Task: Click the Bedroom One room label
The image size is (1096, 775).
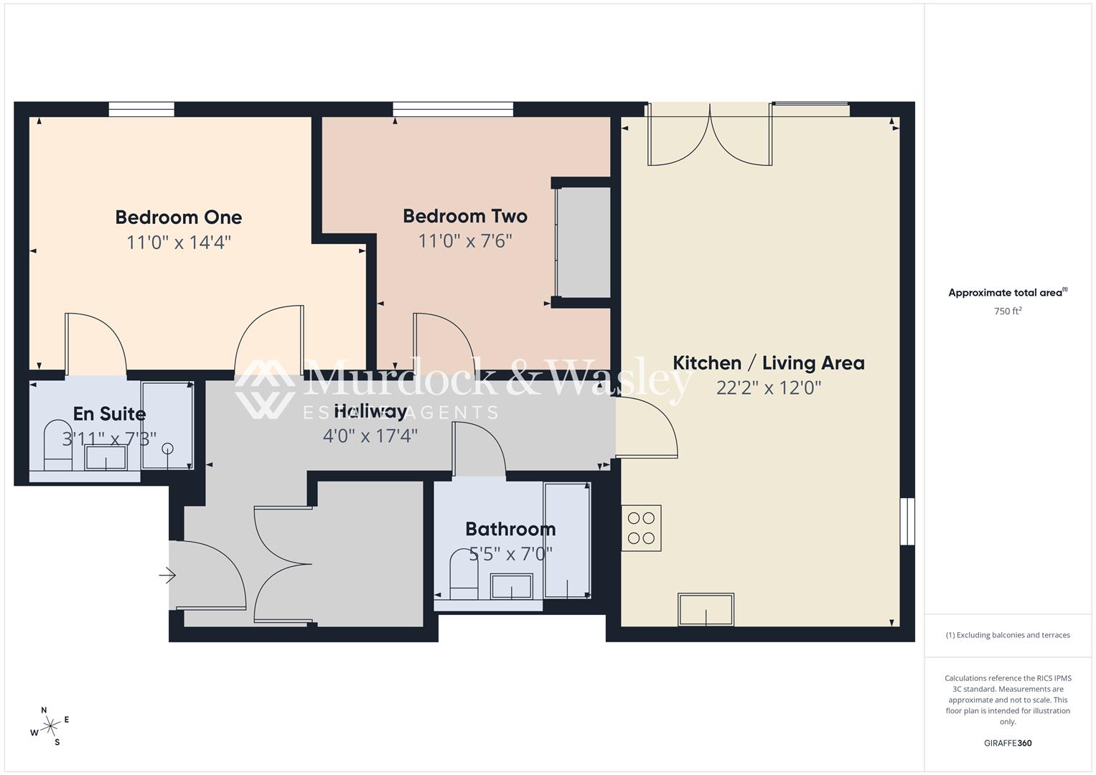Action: pyautogui.click(x=178, y=217)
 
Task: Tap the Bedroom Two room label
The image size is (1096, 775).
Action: pyautogui.click(x=464, y=215)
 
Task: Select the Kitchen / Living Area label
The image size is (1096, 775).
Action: pyautogui.click(x=768, y=362)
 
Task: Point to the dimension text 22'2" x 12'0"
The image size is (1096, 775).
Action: pyautogui.click(x=768, y=387)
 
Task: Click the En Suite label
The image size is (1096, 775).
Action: pyautogui.click(x=109, y=413)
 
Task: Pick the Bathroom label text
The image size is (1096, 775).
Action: pyautogui.click(x=510, y=529)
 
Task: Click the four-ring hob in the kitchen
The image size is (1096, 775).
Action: pyautogui.click(x=641, y=528)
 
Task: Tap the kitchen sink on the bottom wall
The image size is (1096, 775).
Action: pyautogui.click(x=706, y=609)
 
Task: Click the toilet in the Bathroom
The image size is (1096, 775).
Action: pyautogui.click(x=464, y=575)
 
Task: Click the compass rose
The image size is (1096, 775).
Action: pyautogui.click(x=50, y=726)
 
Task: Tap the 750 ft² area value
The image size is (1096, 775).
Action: pyautogui.click(x=1007, y=311)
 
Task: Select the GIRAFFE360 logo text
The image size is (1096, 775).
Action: pyautogui.click(x=1007, y=743)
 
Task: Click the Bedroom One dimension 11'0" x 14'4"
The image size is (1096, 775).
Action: pyautogui.click(x=178, y=242)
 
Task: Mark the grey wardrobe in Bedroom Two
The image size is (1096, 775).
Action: pyautogui.click(x=583, y=242)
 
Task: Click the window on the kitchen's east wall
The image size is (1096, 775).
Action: pyautogui.click(x=907, y=521)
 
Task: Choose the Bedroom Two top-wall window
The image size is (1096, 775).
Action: pyautogui.click(x=453, y=109)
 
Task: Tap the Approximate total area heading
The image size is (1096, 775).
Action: pyautogui.click(x=1007, y=292)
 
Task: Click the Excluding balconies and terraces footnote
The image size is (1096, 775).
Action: pyautogui.click(x=1007, y=635)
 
